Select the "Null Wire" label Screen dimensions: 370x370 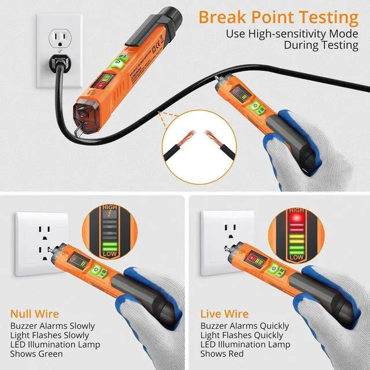[34, 314]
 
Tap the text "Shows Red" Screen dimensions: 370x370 [223, 354]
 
